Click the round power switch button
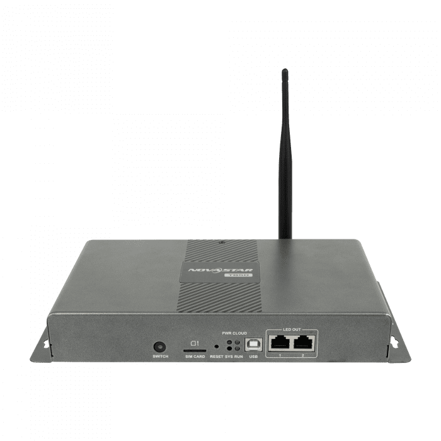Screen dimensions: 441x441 pyautogui.click(x=160, y=346)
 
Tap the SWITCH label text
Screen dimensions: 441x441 pyautogui.click(x=160, y=357)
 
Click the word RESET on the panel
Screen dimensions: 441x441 pyautogui.click(x=217, y=357)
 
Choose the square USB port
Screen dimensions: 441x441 pyautogui.click(x=253, y=345)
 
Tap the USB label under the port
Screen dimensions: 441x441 pyautogui.click(x=253, y=357)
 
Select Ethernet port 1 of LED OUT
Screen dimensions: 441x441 pyautogui.click(x=278, y=343)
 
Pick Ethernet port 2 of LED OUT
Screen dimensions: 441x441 pyautogui.click(x=304, y=343)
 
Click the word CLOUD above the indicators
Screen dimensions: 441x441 pyautogui.click(x=240, y=333)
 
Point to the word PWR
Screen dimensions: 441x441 pyautogui.click(x=227, y=333)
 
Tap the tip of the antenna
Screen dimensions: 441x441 pyautogui.click(x=285, y=72)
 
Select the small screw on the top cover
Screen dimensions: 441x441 pyautogui.click(x=222, y=242)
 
